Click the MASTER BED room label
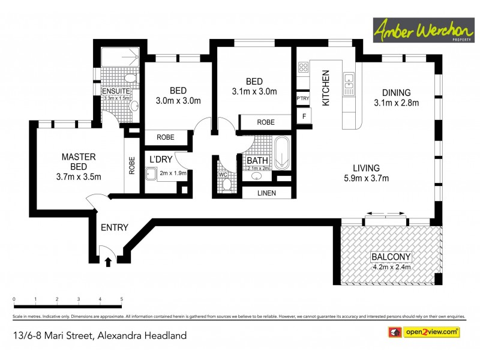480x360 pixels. pos(79,162)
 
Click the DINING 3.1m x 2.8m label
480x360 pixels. pos(396,97)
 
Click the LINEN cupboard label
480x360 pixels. pos(266,193)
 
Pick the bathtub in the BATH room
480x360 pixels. pos(282,154)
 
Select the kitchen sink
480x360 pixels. pos(348,85)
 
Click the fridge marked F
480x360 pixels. pos(304,116)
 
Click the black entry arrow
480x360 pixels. pos(108,262)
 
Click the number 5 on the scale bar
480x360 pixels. pos(122,299)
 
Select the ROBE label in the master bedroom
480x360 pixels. pos(132,165)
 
